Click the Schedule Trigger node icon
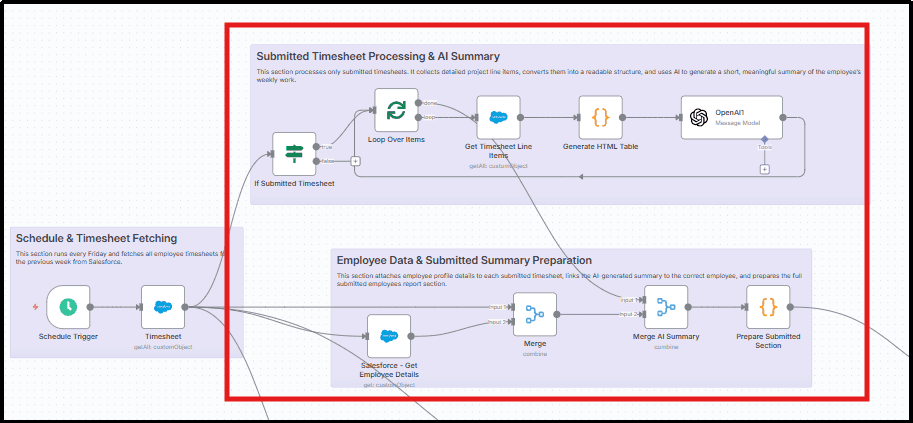[68, 307]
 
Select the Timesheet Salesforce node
[163, 307]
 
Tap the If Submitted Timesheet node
[294, 154]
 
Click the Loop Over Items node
[396, 110]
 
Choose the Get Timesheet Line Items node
[498, 117]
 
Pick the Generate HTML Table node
[600, 117]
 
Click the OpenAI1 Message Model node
[731, 117]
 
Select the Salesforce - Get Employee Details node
[388, 336]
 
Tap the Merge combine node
[534, 314]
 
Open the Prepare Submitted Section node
[767, 307]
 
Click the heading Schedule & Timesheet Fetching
[95, 238]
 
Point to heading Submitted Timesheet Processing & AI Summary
[377, 56]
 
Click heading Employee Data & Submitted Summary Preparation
[464, 261]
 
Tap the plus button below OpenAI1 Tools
[764, 169]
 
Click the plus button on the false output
[355, 161]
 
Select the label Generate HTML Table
[600, 147]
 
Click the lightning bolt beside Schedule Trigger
[36, 307]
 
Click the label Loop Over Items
[396, 140]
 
